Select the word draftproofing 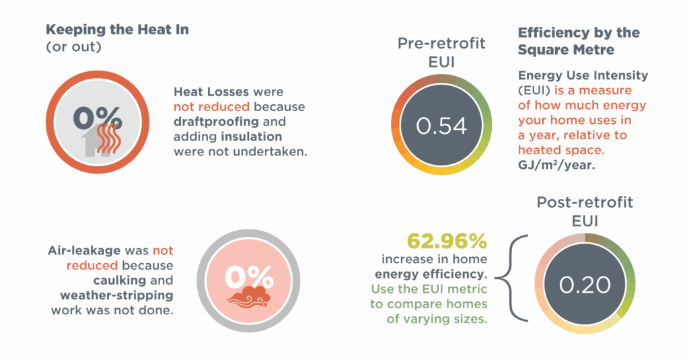(215, 122)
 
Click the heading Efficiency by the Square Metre (578, 41)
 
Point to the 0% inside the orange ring (98, 118)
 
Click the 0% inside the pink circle (249, 277)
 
